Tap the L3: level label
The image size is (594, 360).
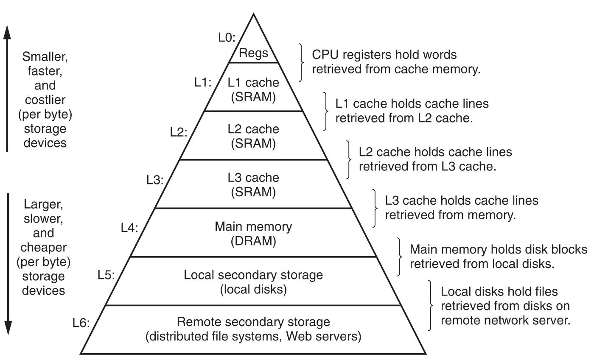[155, 180]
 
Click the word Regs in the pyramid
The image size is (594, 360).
[253, 53]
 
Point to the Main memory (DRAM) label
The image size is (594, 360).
[253, 233]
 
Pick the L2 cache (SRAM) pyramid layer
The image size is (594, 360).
[253, 136]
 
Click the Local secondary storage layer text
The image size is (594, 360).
[253, 282]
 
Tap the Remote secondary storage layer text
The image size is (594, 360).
[253, 329]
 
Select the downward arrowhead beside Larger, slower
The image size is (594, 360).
[7, 329]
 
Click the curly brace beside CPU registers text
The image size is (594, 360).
[302, 62]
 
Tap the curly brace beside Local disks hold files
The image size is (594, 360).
[431, 305]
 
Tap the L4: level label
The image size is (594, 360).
[129, 228]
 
